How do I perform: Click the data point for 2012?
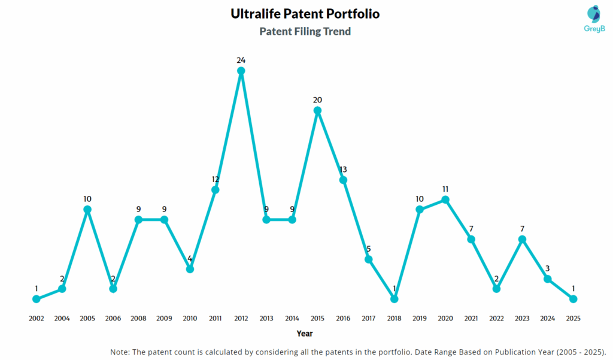coord(241,71)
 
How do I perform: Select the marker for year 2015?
coord(318,110)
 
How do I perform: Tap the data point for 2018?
coord(394,298)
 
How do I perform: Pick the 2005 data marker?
coord(87,210)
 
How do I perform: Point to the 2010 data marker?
coord(190,269)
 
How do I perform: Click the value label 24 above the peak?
coord(241,60)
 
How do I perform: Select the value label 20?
coord(318,99)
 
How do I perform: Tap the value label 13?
coord(343,169)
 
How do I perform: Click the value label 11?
coord(445,189)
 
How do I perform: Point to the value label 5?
coord(369,249)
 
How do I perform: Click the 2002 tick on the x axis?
coord(37,318)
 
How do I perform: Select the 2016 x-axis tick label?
coord(343,318)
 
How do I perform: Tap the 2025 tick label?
coord(573,318)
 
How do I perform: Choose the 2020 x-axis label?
coord(445,318)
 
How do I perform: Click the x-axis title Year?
coord(304,333)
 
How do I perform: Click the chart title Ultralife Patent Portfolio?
coord(305,14)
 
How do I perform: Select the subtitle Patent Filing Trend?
coord(305,31)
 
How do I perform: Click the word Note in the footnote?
coord(121,351)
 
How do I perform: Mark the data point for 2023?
coord(522,239)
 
